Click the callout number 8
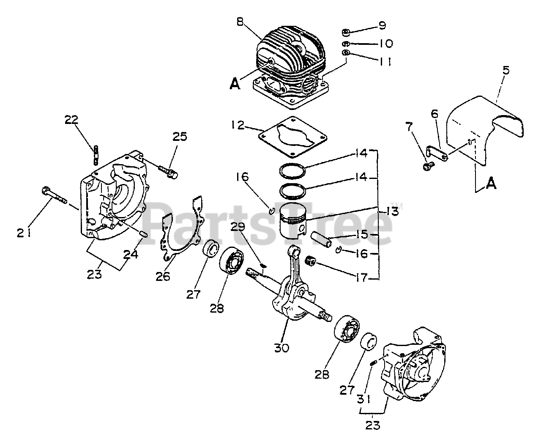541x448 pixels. pos(240,22)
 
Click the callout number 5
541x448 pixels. pos(505,70)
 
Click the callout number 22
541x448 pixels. pos(72,120)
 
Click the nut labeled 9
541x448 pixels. pos(345,31)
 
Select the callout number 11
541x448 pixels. pos(383,62)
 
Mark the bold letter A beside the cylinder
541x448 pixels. pos(235,85)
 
